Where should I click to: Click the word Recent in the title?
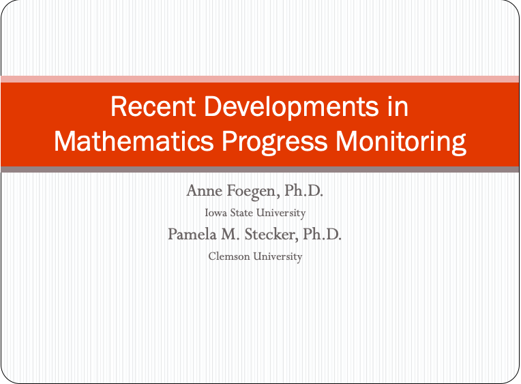[x=153, y=106]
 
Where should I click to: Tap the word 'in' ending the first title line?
[x=398, y=106]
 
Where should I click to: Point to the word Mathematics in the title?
[x=134, y=141]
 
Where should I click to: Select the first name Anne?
[x=204, y=191]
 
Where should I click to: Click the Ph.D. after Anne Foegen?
[x=303, y=190]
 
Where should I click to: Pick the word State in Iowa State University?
[x=241, y=213]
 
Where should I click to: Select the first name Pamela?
[x=192, y=235]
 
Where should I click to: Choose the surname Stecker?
[x=270, y=235]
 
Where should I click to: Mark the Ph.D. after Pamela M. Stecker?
[x=322, y=235]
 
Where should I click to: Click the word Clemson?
[x=229, y=256]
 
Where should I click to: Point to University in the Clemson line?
[x=278, y=257]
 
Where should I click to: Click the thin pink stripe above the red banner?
[x=260, y=79]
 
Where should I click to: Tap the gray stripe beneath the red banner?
[x=260, y=170]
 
